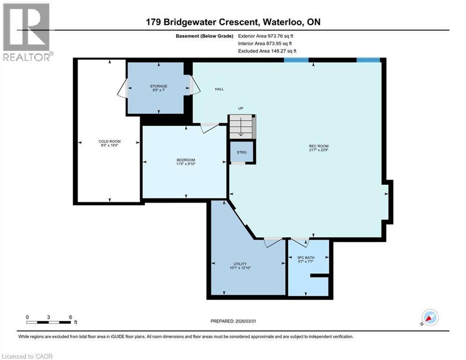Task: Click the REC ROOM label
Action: click(318, 146)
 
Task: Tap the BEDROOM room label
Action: click(186, 160)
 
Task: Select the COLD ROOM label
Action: click(108, 142)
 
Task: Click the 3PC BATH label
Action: click(306, 258)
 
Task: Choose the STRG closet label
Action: click(241, 152)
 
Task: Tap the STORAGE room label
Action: click(159, 86)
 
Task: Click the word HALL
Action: click(219, 89)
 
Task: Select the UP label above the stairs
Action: click(241, 108)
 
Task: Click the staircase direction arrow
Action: click(241, 127)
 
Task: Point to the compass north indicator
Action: click(429, 317)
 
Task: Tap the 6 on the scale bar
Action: click(70, 317)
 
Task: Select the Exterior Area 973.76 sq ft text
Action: click(266, 36)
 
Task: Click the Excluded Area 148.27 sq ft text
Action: click(267, 51)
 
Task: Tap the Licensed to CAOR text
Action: click(27, 356)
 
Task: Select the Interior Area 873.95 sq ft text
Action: click(266, 43)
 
